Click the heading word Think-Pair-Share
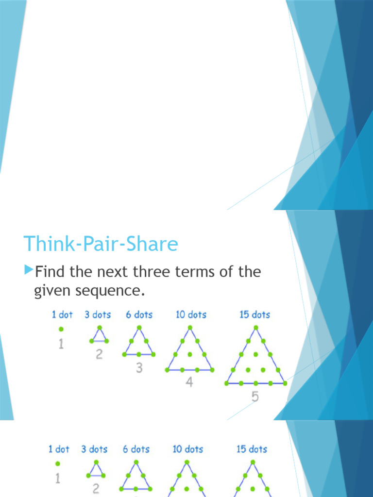tap(101, 244)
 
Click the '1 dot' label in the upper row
tap(62, 315)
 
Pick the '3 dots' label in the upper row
tap(98, 315)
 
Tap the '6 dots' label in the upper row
tap(139, 315)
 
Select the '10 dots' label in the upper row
tap(191, 315)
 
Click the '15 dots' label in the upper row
tap(254, 315)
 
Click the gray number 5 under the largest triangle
tap(255, 397)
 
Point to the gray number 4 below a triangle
tap(189, 382)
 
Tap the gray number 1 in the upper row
tap(61, 345)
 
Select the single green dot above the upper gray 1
tap(61, 329)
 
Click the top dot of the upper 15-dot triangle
tap(255, 328)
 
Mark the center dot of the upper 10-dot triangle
tap(189, 354)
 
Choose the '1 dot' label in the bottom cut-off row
tap(59, 449)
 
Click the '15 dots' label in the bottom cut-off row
tap(252, 449)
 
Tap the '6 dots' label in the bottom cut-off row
tap(136, 449)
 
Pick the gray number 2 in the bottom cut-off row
tap(96, 489)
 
